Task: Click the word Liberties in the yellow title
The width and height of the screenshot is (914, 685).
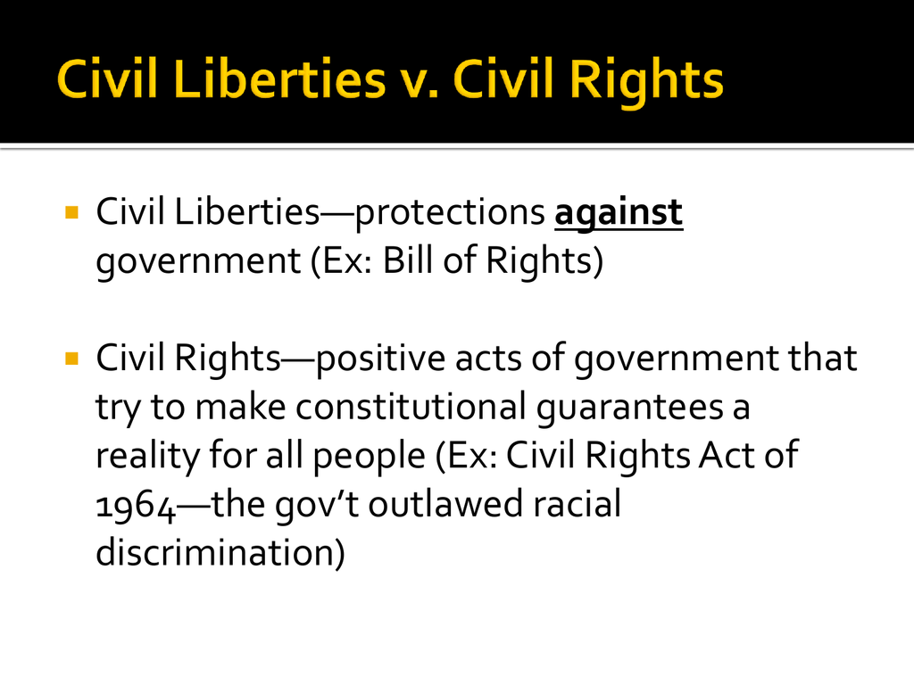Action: [x=279, y=78]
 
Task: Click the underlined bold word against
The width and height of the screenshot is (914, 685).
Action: [x=619, y=213]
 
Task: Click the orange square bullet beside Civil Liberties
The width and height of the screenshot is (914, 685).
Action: [x=71, y=212]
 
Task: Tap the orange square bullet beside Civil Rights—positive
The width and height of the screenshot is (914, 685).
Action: [x=71, y=359]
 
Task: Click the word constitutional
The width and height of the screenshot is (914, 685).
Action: [x=411, y=407]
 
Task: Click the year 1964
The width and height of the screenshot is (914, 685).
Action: [x=136, y=506]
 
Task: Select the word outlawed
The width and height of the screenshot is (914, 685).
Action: [x=445, y=504]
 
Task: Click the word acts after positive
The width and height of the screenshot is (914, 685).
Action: [x=488, y=359]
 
